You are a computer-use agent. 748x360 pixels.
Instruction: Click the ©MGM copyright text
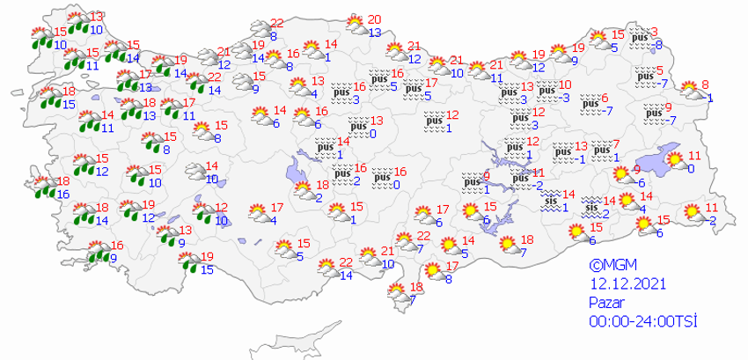tap(608, 263)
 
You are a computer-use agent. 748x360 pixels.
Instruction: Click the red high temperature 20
tap(374, 19)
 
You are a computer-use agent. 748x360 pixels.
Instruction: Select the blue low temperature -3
tap(566, 98)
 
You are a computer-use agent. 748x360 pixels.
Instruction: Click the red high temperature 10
tap(565, 84)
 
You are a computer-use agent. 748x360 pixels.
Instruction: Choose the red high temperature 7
tap(616, 143)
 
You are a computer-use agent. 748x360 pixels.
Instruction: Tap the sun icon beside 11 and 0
tap(676, 160)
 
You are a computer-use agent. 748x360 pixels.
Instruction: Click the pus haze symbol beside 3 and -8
tap(640, 39)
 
